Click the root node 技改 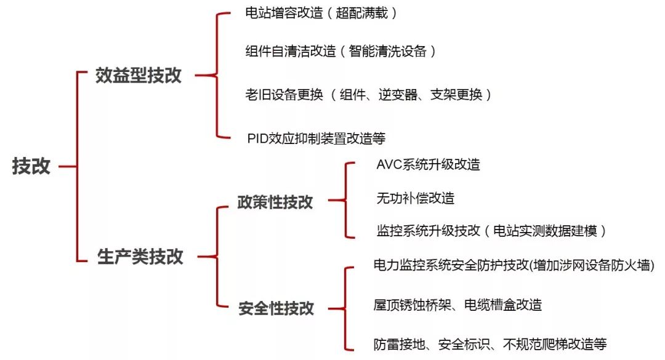pyautogui.click(x=31, y=166)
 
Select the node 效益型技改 pyautogui.click(x=139, y=76)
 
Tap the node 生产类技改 pyautogui.click(x=140, y=256)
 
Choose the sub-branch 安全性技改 pyautogui.click(x=276, y=308)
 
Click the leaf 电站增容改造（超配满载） pyautogui.click(x=321, y=14)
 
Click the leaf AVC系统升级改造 pyautogui.click(x=428, y=165)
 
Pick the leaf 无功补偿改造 pyautogui.click(x=415, y=198)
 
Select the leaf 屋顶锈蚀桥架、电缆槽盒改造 pyautogui.click(x=457, y=305)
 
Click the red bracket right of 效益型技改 pyautogui.click(x=216, y=76)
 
